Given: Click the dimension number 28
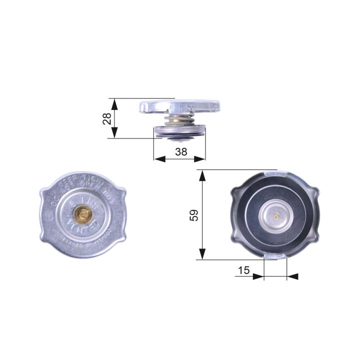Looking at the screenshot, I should (106, 118).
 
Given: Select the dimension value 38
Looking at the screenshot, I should (181, 152).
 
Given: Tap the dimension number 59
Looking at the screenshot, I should (194, 215).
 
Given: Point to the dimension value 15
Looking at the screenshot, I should (244, 270).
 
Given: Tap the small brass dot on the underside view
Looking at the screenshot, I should (275, 216).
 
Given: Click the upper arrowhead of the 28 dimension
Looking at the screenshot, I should (115, 103).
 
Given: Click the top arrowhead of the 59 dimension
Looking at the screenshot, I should (202, 175).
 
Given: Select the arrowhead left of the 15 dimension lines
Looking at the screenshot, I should (258, 276).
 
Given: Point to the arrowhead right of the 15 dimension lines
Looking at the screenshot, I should (293, 276).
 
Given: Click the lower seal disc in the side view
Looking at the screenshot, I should (179, 131).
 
